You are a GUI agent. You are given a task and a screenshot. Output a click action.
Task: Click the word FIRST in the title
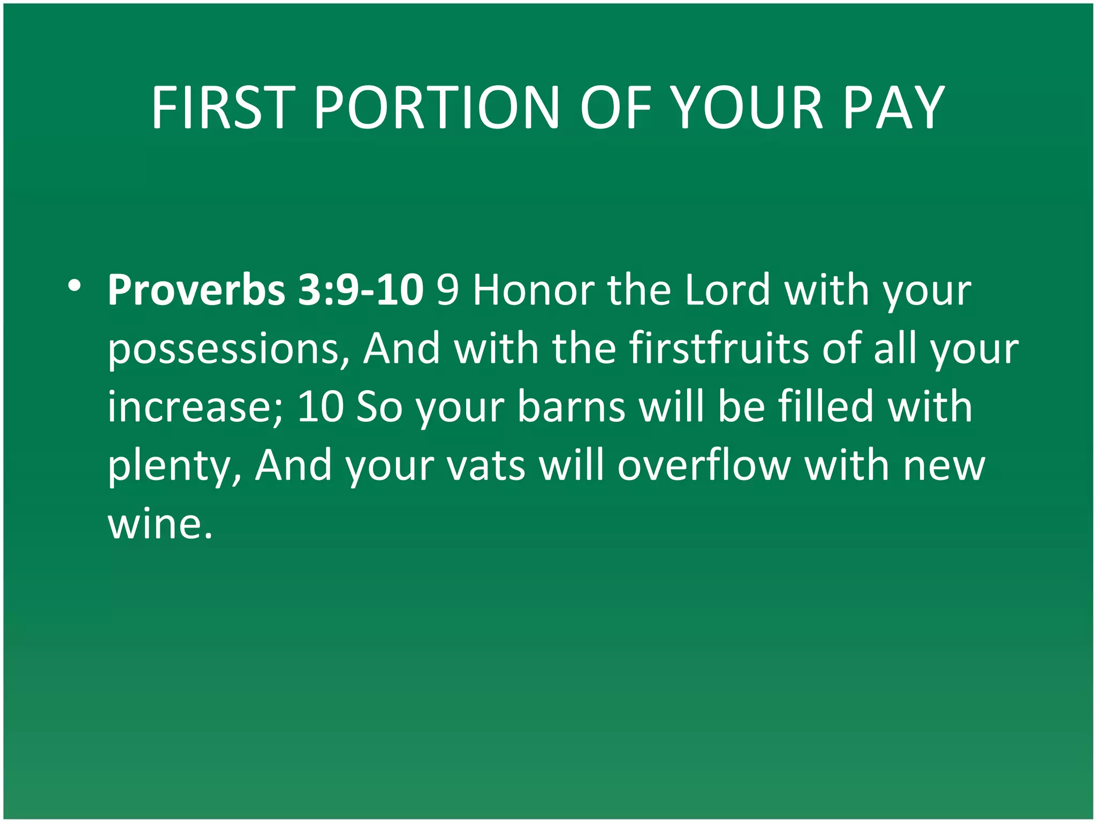click(x=223, y=108)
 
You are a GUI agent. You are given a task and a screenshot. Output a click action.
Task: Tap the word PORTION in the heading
click(x=436, y=108)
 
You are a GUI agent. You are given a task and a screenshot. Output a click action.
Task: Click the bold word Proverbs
click(x=196, y=291)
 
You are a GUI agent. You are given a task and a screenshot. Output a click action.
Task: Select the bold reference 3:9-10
click(x=361, y=291)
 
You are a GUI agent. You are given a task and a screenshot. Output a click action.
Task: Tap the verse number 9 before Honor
click(x=448, y=291)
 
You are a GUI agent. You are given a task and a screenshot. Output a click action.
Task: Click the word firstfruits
click(x=719, y=348)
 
